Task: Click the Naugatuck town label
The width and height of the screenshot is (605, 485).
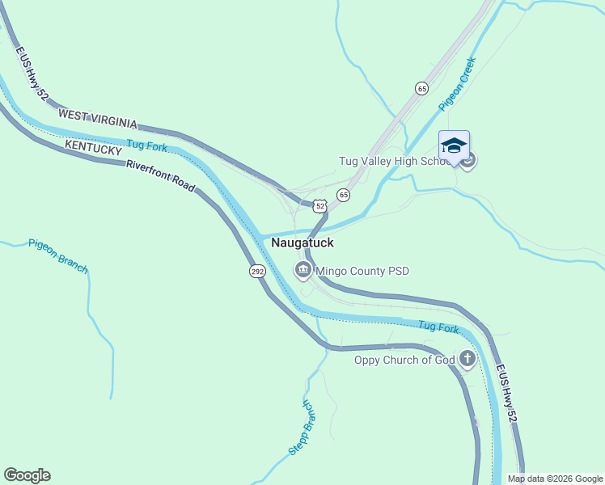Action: click(x=302, y=242)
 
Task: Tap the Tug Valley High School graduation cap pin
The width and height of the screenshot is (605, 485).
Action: click(x=454, y=146)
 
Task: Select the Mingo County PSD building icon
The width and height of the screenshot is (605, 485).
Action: click(x=303, y=270)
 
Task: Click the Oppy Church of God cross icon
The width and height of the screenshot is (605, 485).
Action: click(x=467, y=359)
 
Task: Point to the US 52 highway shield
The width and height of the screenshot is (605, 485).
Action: click(x=321, y=207)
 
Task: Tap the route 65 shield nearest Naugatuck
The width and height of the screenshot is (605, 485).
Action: click(x=344, y=195)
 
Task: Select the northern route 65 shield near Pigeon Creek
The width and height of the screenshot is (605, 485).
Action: click(x=421, y=88)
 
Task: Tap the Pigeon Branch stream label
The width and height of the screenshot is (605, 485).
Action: click(x=57, y=255)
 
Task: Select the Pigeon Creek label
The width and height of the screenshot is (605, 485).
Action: click(x=458, y=83)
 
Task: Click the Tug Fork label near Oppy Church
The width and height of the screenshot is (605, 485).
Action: click(x=438, y=327)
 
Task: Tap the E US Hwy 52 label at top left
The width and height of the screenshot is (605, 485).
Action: click(x=32, y=73)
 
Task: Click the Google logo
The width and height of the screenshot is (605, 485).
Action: click(x=27, y=475)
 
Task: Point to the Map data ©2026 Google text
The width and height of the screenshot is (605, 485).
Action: click(x=556, y=479)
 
